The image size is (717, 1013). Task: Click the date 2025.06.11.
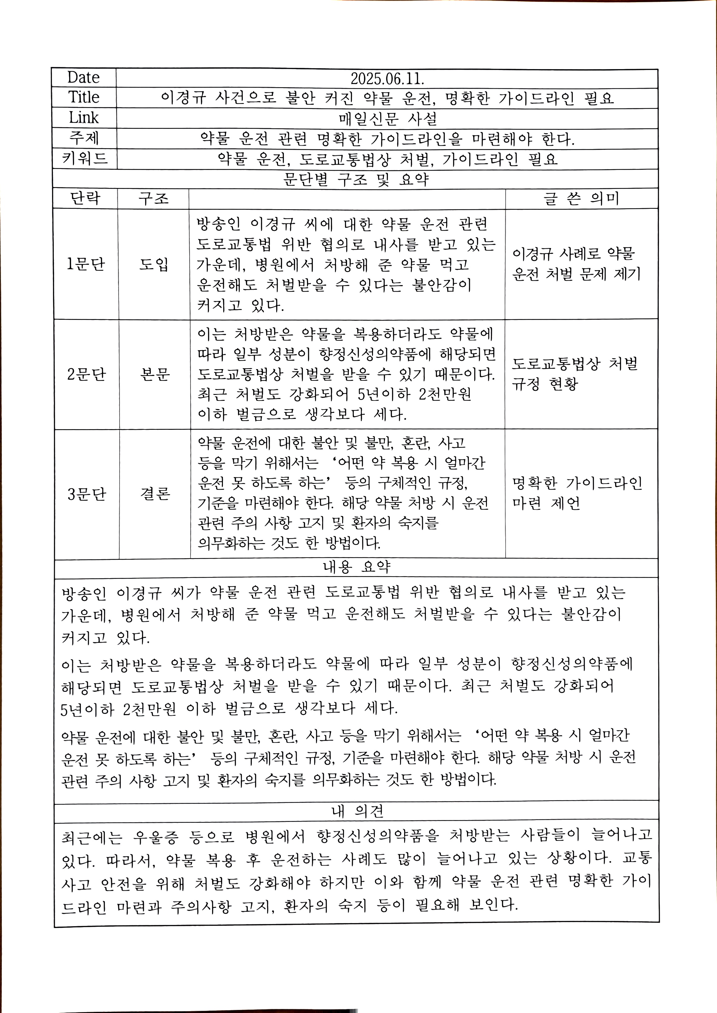(387, 78)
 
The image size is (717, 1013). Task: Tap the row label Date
(83, 78)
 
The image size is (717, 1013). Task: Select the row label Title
(84, 97)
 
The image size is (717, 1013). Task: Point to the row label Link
(83, 118)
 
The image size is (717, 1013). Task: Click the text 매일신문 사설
(388, 118)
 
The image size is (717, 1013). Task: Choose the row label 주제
(84, 138)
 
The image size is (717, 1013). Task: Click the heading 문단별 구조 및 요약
(356, 179)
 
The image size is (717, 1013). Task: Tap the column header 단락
(85, 199)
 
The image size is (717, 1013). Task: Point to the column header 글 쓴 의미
(581, 199)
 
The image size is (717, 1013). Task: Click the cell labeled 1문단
(86, 264)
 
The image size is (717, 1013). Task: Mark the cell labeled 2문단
(87, 374)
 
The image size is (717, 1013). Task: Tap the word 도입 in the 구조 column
(154, 264)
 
